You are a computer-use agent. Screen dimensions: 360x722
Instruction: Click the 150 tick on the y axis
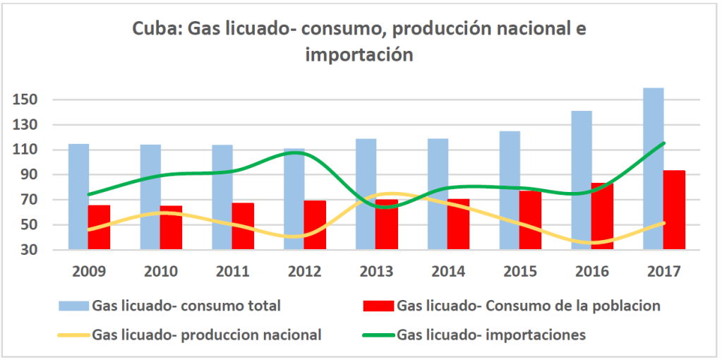click(x=26, y=100)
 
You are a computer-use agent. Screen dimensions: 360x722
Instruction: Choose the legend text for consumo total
click(x=186, y=306)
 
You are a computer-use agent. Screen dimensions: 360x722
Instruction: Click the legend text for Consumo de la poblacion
click(x=528, y=306)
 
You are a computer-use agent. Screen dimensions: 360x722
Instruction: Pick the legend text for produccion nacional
click(x=207, y=335)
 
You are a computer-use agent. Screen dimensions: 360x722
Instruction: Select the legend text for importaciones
click(x=491, y=335)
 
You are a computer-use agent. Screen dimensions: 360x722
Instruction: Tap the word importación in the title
click(x=359, y=54)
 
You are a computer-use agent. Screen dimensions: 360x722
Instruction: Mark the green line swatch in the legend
click(x=377, y=335)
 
